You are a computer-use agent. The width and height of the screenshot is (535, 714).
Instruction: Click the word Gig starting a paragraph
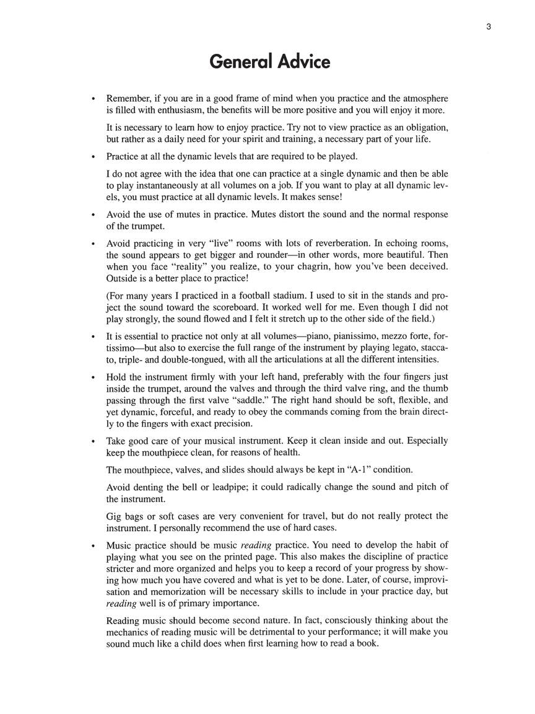point(115,516)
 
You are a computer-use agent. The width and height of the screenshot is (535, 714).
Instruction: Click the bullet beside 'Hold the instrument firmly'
point(93,377)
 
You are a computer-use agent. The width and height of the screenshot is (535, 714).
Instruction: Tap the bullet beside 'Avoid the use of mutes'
point(93,214)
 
